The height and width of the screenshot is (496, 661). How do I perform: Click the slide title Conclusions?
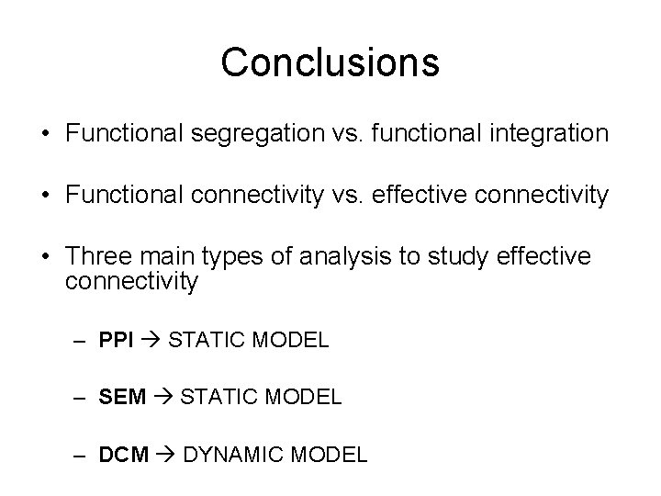click(x=330, y=62)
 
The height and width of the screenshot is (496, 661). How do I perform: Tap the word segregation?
click(x=238, y=134)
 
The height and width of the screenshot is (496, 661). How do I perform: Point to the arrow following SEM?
click(x=164, y=397)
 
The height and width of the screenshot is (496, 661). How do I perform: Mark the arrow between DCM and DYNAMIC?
click(x=166, y=454)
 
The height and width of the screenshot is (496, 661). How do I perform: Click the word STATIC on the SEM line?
click(x=217, y=397)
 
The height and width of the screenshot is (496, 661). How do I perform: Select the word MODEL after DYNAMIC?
click(x=333, y=454)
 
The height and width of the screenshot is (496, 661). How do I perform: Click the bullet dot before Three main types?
click(x=45, y=258)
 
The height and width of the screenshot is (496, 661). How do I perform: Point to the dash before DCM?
click(x=82, y=454)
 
